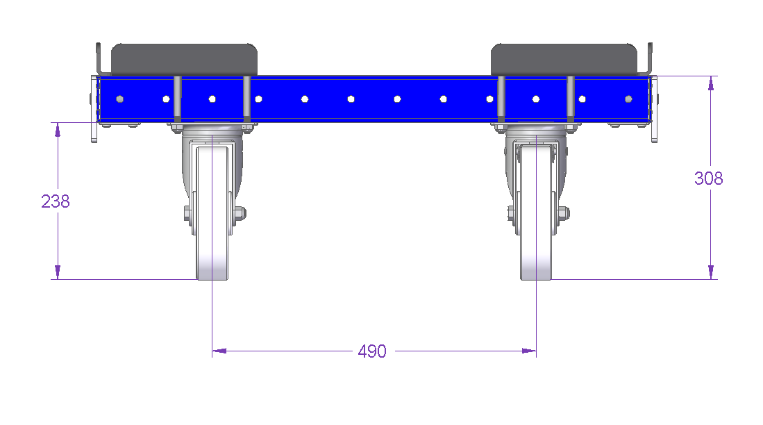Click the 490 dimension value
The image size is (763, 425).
coord(372,351)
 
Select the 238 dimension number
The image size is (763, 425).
coord(56,201)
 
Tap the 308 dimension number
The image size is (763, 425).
coord(708,178)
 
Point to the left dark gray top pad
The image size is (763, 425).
coord(185,60)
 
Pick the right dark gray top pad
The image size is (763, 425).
coord(564,60)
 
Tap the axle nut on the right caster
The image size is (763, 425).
coord(564,213)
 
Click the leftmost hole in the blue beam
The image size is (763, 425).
coord(119,99)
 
